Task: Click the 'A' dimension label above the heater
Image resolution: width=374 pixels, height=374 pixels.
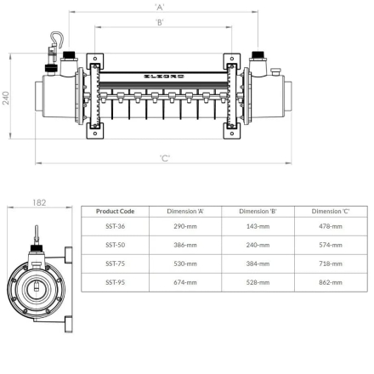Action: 161,7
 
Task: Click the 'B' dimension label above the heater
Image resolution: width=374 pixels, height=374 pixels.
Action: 161,22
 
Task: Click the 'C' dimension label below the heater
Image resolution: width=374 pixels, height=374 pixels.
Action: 164,158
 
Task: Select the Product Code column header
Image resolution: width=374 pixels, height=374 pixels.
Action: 115,211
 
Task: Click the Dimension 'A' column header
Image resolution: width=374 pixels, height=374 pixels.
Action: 185,211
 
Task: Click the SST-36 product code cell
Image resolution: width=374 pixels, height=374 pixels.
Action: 115,226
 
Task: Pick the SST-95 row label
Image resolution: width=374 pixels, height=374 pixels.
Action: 115,281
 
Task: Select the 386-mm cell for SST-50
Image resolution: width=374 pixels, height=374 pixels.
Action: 185,244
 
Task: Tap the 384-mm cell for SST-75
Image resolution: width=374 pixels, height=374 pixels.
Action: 258,263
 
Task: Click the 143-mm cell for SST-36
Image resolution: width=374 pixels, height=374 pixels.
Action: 258,226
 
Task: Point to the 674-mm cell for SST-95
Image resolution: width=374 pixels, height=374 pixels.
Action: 185,281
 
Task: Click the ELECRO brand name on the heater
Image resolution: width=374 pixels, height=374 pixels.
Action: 161,75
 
